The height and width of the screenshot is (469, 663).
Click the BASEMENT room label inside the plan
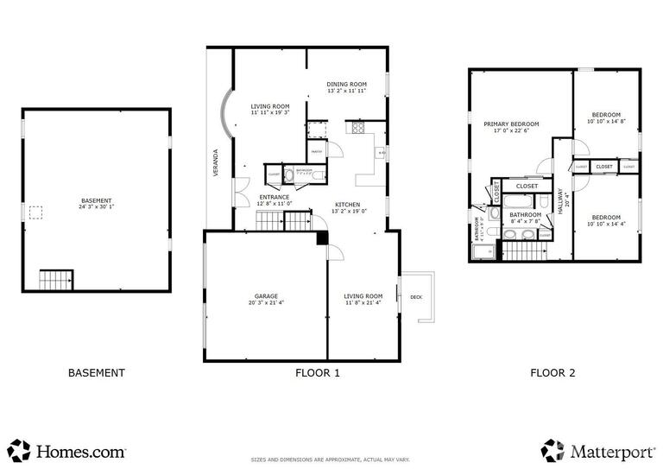coord(95,200)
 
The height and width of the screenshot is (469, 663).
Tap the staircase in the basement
coord(57,281)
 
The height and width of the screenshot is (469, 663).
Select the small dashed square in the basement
coord(36,212)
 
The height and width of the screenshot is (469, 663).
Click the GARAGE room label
coord(265,296)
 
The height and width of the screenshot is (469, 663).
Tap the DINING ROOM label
coord(347,84)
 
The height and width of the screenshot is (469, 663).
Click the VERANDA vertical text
coord(216,164)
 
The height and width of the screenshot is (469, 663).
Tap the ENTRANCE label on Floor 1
coord(275,197)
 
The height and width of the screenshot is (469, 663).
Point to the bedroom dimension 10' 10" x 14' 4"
coord(605,224)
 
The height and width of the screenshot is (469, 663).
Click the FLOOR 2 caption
coord(552,373)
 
